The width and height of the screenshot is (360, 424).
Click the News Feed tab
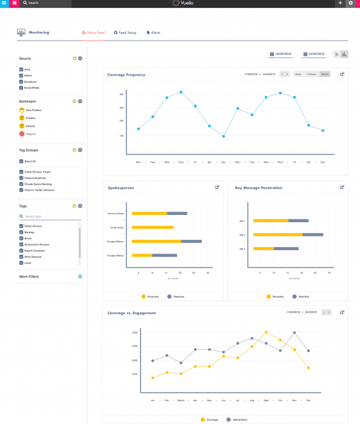[x=93, y=32]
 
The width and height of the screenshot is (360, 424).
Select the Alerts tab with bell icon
[x=153, y=32]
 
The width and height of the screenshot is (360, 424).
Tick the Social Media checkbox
[x=22, y=88]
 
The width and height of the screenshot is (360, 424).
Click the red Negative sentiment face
[x=22, y=133]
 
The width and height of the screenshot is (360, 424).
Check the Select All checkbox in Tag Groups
[x=22, y=161]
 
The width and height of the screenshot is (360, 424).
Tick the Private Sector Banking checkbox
[x=22, y=184]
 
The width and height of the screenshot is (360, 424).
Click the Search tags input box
[x=49, y=216]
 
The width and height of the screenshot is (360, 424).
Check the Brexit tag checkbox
[x=22, y=238]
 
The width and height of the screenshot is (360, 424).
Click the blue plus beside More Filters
[x=80, y=276]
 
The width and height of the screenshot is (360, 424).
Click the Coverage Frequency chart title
[x=126, y=74]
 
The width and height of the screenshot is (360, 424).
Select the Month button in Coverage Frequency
[x=325, y=74]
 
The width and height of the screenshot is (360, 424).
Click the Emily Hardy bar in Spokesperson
[x=152, y=227]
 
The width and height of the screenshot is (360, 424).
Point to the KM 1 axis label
[x=242, y=221]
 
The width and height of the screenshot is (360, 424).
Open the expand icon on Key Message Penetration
[x=342, y=188]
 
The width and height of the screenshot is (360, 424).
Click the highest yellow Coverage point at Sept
[x=266, y=332]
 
